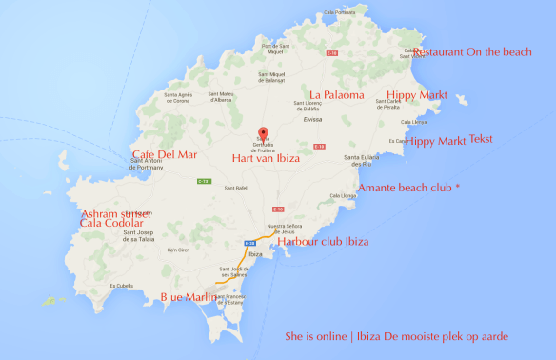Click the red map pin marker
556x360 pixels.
[265, 133]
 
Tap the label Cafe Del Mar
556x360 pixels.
[166, 155]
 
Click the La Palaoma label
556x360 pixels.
[336, 94]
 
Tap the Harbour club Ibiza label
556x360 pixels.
[324, 241]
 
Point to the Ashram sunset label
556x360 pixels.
[116, 213]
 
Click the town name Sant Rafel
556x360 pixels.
[236, 188]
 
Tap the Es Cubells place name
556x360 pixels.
[121, 285]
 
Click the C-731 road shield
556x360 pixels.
[204, 180]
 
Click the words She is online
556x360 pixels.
[319, 336]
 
